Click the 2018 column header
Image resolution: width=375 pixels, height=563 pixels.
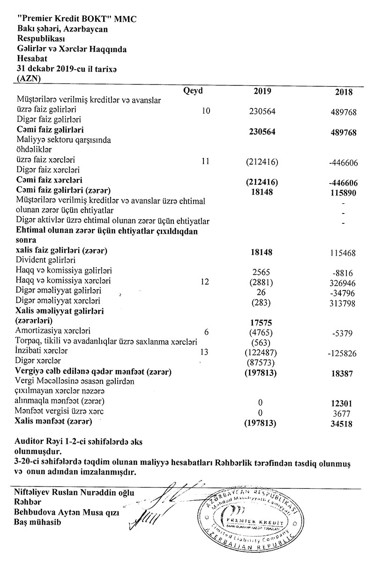click(x=344, y=92)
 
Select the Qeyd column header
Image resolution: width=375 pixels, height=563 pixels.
click(x=194, y=91)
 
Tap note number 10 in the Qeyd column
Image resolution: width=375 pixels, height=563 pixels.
click(x=206, y=111)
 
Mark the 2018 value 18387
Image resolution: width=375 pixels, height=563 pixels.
click(x=345, y=372)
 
